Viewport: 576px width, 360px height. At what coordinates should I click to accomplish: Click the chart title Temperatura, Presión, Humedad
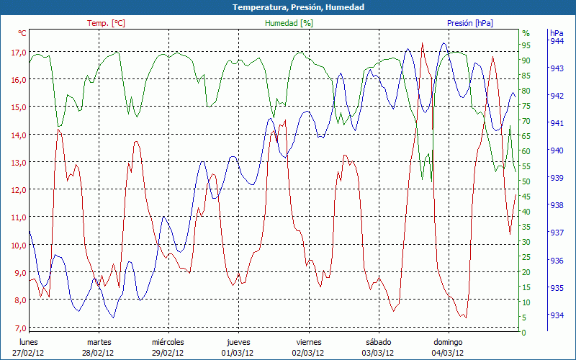coord(288,7)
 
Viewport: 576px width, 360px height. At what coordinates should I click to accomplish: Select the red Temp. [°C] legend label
coord(107,23)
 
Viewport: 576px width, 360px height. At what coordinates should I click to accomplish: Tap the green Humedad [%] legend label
coord(289,23)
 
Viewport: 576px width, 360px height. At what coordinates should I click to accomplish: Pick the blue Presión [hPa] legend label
coord(470,23)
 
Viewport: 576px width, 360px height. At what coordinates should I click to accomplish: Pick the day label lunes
coord(29,342)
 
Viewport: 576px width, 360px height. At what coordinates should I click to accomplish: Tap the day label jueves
coord(238,342)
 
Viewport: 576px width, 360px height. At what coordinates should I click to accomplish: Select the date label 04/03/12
coord(447,353)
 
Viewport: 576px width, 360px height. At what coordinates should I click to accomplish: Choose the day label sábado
coord(378,342)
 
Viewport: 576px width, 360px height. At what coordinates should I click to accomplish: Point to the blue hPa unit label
coord(557,33)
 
